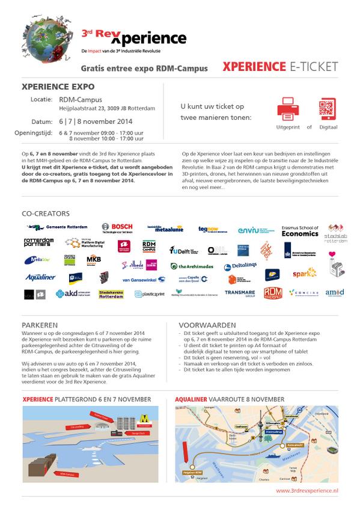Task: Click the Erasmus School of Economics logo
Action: pos(299,231)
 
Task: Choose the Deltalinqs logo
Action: pos(242,266)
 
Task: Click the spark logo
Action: pos(304,274)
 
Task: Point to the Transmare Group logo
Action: pos(239,293)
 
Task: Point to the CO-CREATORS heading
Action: pos(45,214)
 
